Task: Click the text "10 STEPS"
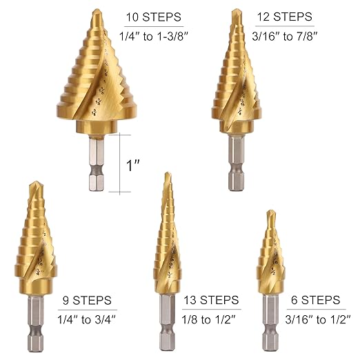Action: [154, 17]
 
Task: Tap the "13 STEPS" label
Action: [211, 301]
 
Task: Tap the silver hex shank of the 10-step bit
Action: [97, 166]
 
